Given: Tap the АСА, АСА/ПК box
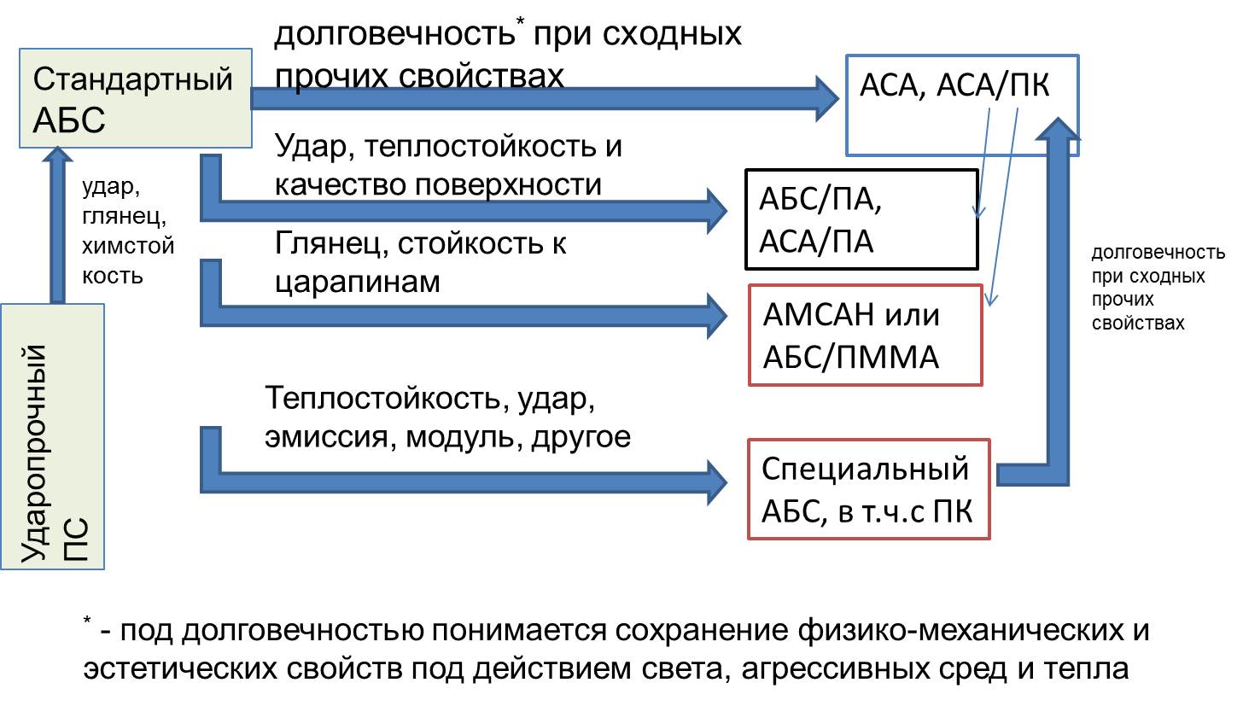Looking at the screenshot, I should point(961,105).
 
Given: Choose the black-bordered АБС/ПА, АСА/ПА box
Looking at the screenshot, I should point(861,218).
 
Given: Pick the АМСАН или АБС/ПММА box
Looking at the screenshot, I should point(864,334).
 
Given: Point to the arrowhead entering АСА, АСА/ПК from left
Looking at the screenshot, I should point(825,97).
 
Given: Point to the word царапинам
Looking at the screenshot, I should point(359,281).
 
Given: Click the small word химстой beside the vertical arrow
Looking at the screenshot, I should point(127,247).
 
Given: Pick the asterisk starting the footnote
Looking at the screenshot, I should point(87,622).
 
